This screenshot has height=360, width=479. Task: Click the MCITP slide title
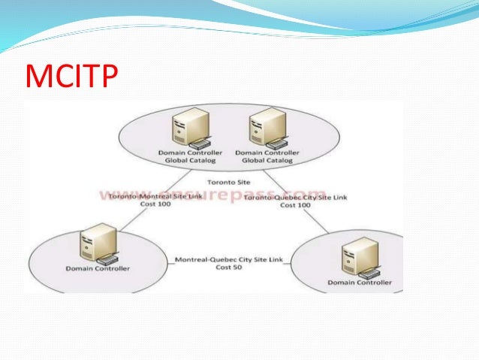(x=72, y=76)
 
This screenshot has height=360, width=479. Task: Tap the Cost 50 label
(x=223, y=267)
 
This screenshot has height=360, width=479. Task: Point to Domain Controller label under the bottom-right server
(x=360, y=283)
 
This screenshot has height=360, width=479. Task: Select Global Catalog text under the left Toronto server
(x=183, y=159)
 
